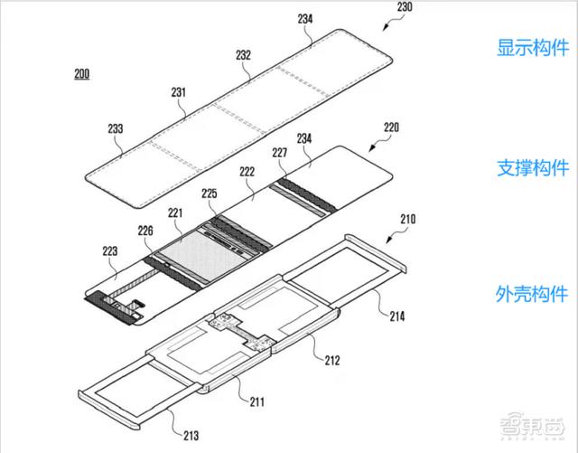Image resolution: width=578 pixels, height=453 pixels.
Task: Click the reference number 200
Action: click(82, 74)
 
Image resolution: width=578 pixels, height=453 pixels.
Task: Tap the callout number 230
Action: click(405, 6)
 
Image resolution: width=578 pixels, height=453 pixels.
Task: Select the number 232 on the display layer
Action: click(243, 55)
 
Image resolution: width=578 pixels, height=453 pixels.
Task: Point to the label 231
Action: click(179, 92)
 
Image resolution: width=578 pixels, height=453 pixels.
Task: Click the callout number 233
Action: click(116, 128)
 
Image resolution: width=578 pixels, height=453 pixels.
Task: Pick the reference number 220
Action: click(391, 127)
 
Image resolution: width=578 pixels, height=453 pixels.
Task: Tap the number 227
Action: click(280, 153)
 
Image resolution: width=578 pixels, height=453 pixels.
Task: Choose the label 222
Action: click(247, 172)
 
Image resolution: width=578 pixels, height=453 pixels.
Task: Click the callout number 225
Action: click(210, 193)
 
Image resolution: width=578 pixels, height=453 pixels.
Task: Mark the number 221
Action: click(175, 213)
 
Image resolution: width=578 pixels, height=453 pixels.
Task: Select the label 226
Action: click(145, 231)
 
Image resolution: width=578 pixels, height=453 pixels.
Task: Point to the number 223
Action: click(110, 251)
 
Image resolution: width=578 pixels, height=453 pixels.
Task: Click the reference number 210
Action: click(407, 220)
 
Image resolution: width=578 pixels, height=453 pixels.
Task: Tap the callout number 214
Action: click(397, 316)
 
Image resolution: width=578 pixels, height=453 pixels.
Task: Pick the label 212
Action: click(332, 361)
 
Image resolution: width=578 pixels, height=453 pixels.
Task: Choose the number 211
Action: click(256, 401)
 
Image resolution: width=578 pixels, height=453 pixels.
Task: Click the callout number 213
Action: click(191, 436)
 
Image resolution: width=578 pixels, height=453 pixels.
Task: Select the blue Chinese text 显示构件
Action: click(533, 48)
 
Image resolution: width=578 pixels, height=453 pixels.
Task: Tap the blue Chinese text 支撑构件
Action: click(533, 168)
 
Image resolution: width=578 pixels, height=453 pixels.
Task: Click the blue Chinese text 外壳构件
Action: click(532, 294)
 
